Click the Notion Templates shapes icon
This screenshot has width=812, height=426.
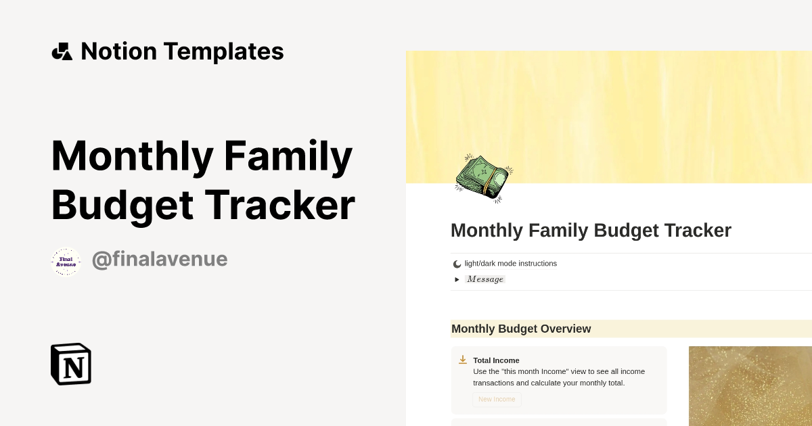(62, 51)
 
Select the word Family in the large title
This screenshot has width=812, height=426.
(288, 156)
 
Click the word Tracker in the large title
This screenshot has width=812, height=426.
(279, 205)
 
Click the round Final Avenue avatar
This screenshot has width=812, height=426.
(66, 262)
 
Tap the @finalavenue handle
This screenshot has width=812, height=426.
(160, 259)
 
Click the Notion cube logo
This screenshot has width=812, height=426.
(71, 364)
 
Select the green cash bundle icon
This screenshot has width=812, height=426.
(483, 178)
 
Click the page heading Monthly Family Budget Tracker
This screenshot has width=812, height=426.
(591, 231)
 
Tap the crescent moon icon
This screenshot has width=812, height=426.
(457, 264)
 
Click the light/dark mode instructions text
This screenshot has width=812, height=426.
(511, 264)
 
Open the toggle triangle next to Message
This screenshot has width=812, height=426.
(457, 279)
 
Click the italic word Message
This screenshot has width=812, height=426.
(485, 279)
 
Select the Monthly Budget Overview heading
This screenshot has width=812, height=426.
(521, 329)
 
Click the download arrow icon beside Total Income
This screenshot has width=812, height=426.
(463, 360)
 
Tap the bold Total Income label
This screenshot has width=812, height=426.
(496, 360)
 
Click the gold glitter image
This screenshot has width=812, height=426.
(750, 385)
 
